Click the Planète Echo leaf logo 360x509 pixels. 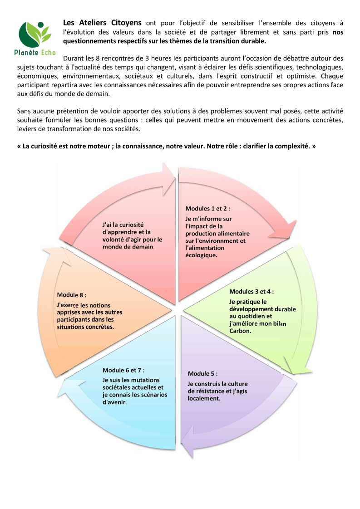point(35,39)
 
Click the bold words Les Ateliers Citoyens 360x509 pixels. point(102,23)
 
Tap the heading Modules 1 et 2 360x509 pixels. point(207,209)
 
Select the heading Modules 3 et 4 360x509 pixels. point(252,292)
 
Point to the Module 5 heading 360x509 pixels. point(203,374)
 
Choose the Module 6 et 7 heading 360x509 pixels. point(123,370)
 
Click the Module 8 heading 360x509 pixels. point(71,295)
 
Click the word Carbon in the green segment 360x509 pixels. point(240,331)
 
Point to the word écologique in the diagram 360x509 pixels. point(201,255)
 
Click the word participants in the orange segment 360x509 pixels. point(72,320)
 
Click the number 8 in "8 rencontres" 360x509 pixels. point(98,59)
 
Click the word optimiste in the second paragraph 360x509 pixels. point(302,76)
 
